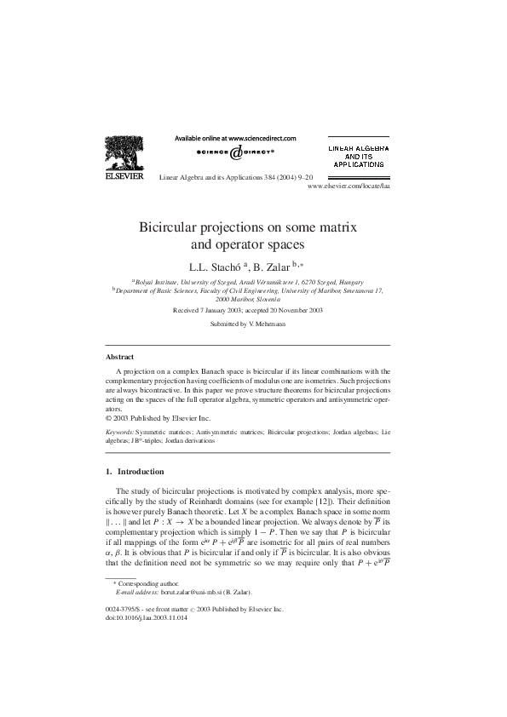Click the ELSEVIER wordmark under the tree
click(123, 180)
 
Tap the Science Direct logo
click(235, 153)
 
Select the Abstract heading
click(119, 358)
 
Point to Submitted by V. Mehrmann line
click(252, 324)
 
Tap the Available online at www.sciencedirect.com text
click(235, 137)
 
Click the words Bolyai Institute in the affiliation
click(159, 281)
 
